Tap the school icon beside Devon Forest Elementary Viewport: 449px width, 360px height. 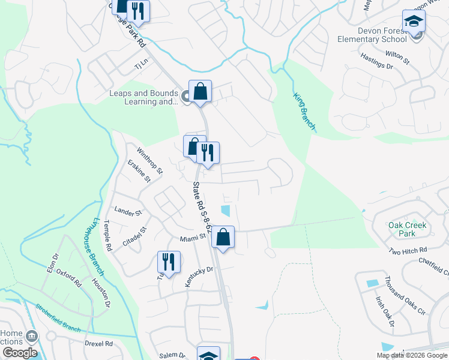click(x=414, y=22)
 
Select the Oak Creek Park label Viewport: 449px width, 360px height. click(x=407, y=229)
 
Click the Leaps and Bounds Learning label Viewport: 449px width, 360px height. click(x=143, y=97)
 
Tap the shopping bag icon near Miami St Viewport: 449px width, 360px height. click(x=223, y=237)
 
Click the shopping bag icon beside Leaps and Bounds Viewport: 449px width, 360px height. click(x=200, y=92)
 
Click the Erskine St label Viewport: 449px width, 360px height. click(x=139, y=172)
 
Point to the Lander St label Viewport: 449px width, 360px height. click(x=127, y=212)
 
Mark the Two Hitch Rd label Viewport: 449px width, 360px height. click(x=408, y=250)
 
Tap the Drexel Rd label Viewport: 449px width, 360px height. click(x=99, y=344)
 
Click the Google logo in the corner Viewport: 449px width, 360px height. click(x=19, y=353)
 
